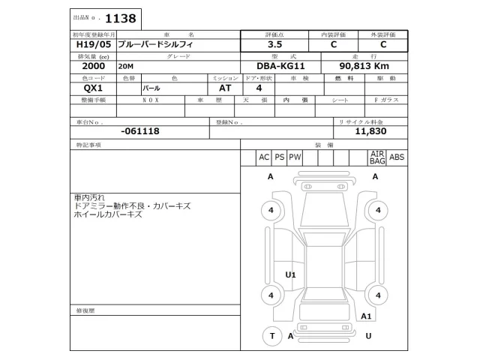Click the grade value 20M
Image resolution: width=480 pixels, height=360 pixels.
pyautogui.click(x=125, y=67)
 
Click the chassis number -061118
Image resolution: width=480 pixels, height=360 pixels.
pyautogui.click(x=139, y=130)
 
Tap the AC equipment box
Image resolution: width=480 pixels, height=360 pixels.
pyautogui.click(x=263, y=157)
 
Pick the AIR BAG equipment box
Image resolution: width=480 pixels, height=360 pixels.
pyautogui.click(x=376, y=157)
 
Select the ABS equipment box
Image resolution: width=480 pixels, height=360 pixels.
pyautogui.click(x=397, y=157)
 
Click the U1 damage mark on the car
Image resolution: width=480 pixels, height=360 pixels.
pyautogui.click(x=291, y=275)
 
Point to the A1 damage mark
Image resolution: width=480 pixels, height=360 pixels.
pyautogui.click(x=367, y=316)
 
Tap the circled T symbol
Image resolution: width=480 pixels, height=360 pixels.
pyautogui.click(x=272, y=336)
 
